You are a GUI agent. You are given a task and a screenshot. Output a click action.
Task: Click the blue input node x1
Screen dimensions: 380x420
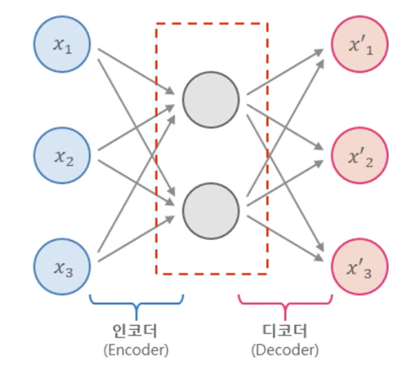62,46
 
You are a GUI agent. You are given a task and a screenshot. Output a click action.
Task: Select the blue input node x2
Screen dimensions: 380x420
62,156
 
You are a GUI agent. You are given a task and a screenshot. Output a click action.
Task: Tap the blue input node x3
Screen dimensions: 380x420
62,266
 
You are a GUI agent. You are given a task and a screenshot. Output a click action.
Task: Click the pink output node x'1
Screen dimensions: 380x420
360,46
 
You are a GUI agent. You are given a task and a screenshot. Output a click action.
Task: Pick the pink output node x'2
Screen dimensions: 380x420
360,156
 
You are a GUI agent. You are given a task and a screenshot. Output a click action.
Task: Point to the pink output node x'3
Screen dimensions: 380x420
360,266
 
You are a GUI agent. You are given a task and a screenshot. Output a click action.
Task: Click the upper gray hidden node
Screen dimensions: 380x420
211,99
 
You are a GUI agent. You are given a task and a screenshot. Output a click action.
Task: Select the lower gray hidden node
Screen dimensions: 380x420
211,210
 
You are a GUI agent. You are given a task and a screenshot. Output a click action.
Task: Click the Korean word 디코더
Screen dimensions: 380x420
285,331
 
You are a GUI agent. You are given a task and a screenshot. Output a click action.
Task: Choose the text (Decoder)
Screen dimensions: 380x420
285,350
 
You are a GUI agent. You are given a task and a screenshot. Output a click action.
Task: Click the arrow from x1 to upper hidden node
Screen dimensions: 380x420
135,69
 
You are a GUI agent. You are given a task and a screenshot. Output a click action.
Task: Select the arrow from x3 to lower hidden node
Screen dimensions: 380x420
135,239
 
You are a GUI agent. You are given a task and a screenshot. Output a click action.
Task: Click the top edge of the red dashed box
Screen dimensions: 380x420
211,24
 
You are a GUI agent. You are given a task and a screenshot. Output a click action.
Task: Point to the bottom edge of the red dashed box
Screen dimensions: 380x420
211,274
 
